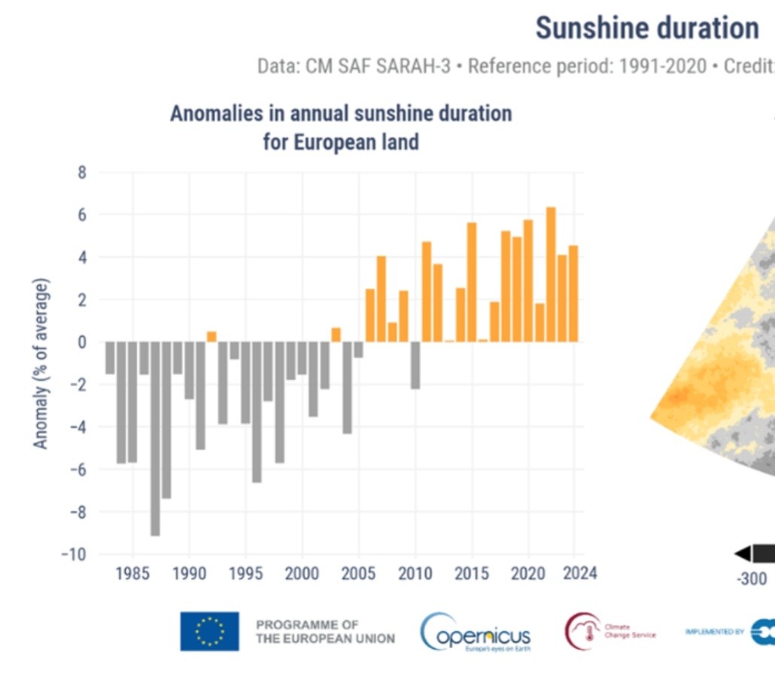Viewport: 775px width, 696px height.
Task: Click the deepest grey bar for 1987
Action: (x=155, y=438)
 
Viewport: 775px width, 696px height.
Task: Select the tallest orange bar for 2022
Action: (x=551, y=274)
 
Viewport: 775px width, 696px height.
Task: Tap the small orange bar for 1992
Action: (x=211, y=337)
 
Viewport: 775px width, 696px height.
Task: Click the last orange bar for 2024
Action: (x=573, y=293)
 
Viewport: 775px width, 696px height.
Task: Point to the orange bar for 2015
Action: (x=472, y=282)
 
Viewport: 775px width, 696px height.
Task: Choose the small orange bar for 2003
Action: (x=336, y=334)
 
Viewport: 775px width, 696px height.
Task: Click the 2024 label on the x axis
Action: (x=580, y=573)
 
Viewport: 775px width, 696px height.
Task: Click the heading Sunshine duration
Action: (x=647, y=29)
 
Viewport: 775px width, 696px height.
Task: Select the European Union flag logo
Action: (x=209, y=631)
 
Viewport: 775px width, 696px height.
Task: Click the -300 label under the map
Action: (x=751, y=579)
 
